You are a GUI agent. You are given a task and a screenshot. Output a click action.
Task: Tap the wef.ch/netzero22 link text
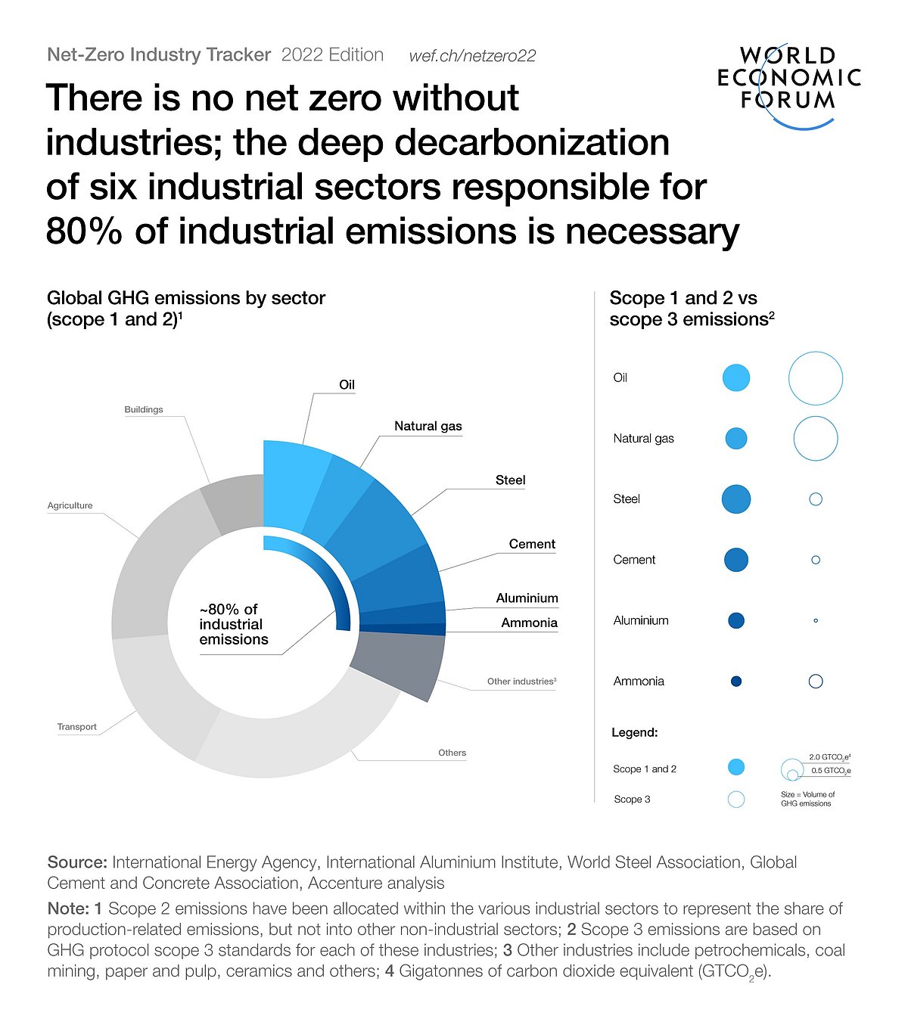coord(472,56)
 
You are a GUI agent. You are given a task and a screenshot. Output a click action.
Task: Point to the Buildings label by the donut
coord(144,409)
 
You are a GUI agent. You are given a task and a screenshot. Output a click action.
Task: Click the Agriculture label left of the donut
coord(70,505)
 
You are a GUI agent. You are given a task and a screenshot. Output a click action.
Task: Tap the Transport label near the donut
coord(77,727)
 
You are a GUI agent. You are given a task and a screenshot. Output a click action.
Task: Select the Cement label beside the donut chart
coord(532,544)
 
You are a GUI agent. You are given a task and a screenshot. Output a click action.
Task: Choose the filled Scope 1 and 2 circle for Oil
coord(736,377)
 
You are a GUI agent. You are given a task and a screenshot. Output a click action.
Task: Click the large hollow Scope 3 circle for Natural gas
coord(816,439)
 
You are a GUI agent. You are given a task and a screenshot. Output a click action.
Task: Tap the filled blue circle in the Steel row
coord(736,499)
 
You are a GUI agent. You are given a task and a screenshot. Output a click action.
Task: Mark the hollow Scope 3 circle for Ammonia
coord(816,681)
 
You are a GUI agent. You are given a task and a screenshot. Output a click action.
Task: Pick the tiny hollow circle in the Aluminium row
coord(816,620)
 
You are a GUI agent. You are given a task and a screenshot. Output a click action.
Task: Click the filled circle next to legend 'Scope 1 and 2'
coord(736,768)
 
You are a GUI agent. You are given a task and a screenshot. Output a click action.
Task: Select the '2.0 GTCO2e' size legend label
coord(829,756)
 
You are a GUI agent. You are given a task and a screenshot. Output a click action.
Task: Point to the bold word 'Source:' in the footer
coord(77,862)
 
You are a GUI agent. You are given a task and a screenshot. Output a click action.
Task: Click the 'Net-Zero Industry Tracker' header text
coord(159,55)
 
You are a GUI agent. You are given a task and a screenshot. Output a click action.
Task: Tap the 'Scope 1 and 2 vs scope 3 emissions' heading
coord(692,309)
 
